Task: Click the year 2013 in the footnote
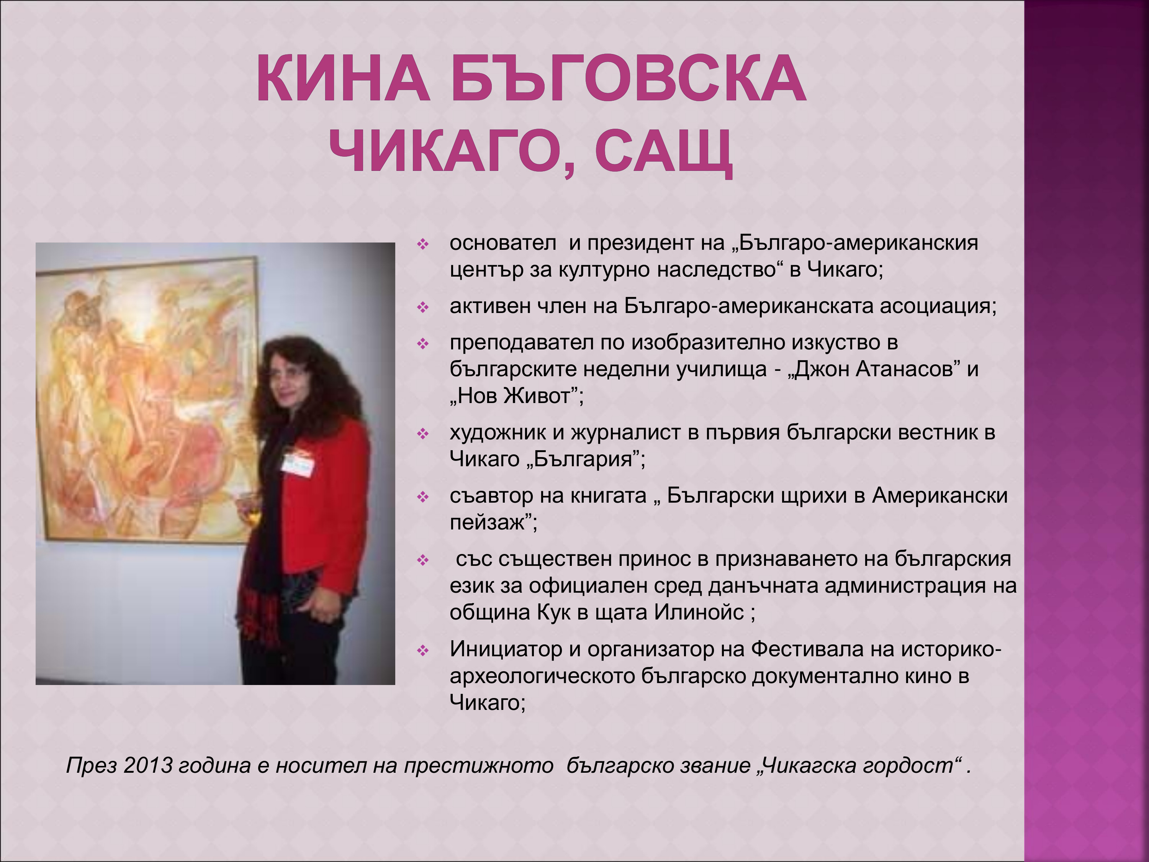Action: tap(148, 766)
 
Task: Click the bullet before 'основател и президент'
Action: tap(423, 244)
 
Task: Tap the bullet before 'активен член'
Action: tap(423, 308)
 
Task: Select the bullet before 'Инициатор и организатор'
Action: tap(423, 651)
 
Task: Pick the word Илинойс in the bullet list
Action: tap(699, 613)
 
